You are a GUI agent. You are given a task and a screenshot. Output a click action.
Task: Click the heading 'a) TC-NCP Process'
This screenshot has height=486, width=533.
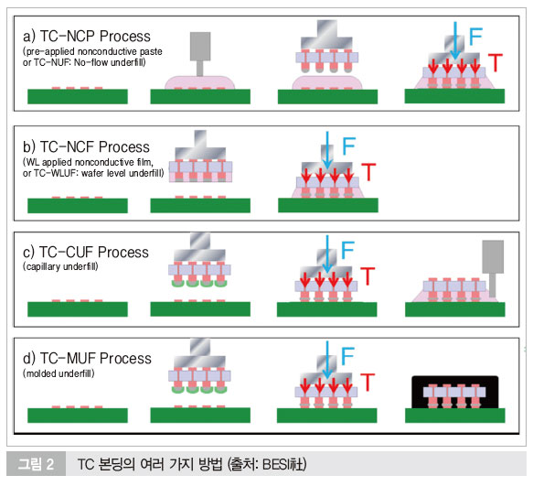pyautogui.click(x=87, y=37)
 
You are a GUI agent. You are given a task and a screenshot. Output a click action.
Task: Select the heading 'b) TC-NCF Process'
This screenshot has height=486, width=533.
pyautogui.click(x=86, y=147)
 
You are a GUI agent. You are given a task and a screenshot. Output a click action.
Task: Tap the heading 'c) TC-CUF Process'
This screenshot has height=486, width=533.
pyautogui.click(x=86, y=253)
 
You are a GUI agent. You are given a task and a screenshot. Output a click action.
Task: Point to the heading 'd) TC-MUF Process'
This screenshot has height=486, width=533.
pyautogui.click(x=87, y=359)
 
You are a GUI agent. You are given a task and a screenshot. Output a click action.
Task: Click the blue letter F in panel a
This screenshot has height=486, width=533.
pyautogui.click(x=475, y=37)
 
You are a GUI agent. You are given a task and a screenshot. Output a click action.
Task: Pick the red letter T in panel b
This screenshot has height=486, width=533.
pyautogui.click(x=368, y=171)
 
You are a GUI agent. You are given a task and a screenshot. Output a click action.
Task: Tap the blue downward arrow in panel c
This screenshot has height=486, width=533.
pyautogui.click(x=327, y=254)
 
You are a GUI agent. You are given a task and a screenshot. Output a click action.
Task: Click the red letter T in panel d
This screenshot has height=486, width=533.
pyautogui.click(x=368, y=382)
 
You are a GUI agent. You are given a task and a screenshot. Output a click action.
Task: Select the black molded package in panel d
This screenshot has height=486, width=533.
pyautogui.click(x=454, y=393)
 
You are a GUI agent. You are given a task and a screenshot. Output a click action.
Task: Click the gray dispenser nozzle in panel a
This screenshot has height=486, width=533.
pyautogui.click(x=200, y=54)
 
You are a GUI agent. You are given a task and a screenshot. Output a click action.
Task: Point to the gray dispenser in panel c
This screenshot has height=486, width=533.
pyautogui.click(x=493, y=268)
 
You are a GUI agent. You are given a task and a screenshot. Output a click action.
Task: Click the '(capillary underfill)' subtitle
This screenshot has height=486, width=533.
pyautogui.click(x=60, y=266)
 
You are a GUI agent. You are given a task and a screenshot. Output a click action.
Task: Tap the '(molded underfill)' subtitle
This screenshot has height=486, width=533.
pyautogui.click(x=59, y=373)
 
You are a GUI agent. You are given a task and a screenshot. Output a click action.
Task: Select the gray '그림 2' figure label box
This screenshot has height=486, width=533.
pyautogui.click(x=36, y=463)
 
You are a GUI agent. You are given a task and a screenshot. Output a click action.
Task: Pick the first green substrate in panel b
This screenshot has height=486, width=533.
pyautogui.click(x=78, y=206)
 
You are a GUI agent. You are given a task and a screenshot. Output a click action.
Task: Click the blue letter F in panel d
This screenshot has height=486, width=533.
pyautogui.click(x=347, y=356)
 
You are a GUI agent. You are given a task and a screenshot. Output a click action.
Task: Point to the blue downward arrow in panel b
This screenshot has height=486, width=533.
pyautogui.click(x=327, y=150)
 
